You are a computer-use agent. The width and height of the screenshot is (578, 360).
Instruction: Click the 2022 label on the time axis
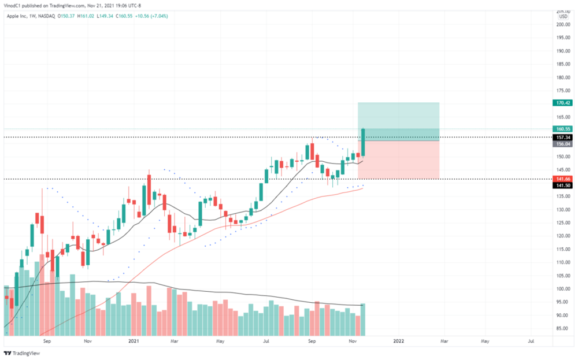click(x=398, y=342)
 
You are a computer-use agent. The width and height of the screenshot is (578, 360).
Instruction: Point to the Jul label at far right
click(x=531, y=342)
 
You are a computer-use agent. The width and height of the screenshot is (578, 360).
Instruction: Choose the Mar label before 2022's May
click(x=444, y=342)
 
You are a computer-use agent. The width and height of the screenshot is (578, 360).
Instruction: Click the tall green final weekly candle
click(x=363, y=142)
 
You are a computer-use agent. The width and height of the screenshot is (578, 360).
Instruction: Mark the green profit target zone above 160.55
click(x=399, y=116)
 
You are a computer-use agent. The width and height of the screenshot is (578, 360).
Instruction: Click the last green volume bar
click(x=363, y=320)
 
